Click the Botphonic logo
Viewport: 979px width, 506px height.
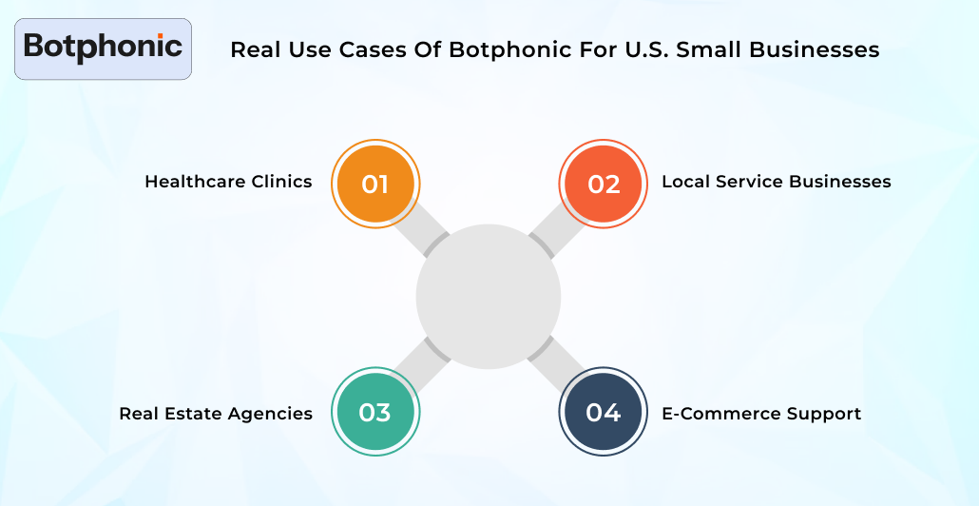pyautogui.click(x=103, y=48)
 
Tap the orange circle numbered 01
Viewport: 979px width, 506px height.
pyautogui.click(x=374, y=184)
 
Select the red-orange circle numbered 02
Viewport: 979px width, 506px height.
pyautogui.click(x=604, y=184)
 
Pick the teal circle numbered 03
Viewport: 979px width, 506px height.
pyautogui.click(x=374, y=413)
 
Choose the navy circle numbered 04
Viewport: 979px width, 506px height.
pyautogui.click(x=604, y=413)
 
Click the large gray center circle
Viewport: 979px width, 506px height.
pyautogui.click(x=489, y=297)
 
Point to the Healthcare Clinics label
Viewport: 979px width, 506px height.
pyautogui.click(x=228, y=182)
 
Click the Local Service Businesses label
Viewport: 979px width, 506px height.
pyautogui.click(x=776, y=182)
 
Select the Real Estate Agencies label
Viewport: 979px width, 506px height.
pyautogui.click(x=216, y=414)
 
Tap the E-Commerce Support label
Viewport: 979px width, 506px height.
pyautogui.click(x=761, y=414)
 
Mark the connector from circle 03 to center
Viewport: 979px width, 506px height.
pyautogui.click(x=422, y=363)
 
